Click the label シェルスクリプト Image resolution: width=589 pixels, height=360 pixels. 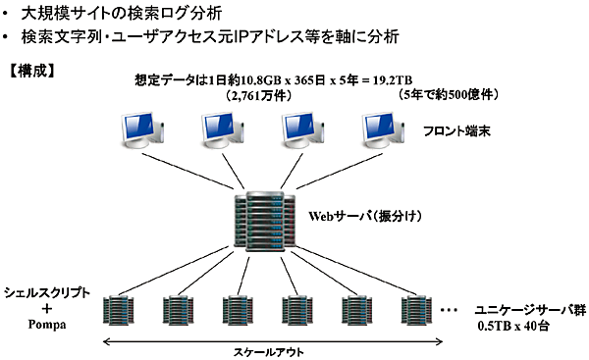(x=47, y=292)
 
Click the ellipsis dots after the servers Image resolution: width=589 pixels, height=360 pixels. (x=450, y=309)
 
